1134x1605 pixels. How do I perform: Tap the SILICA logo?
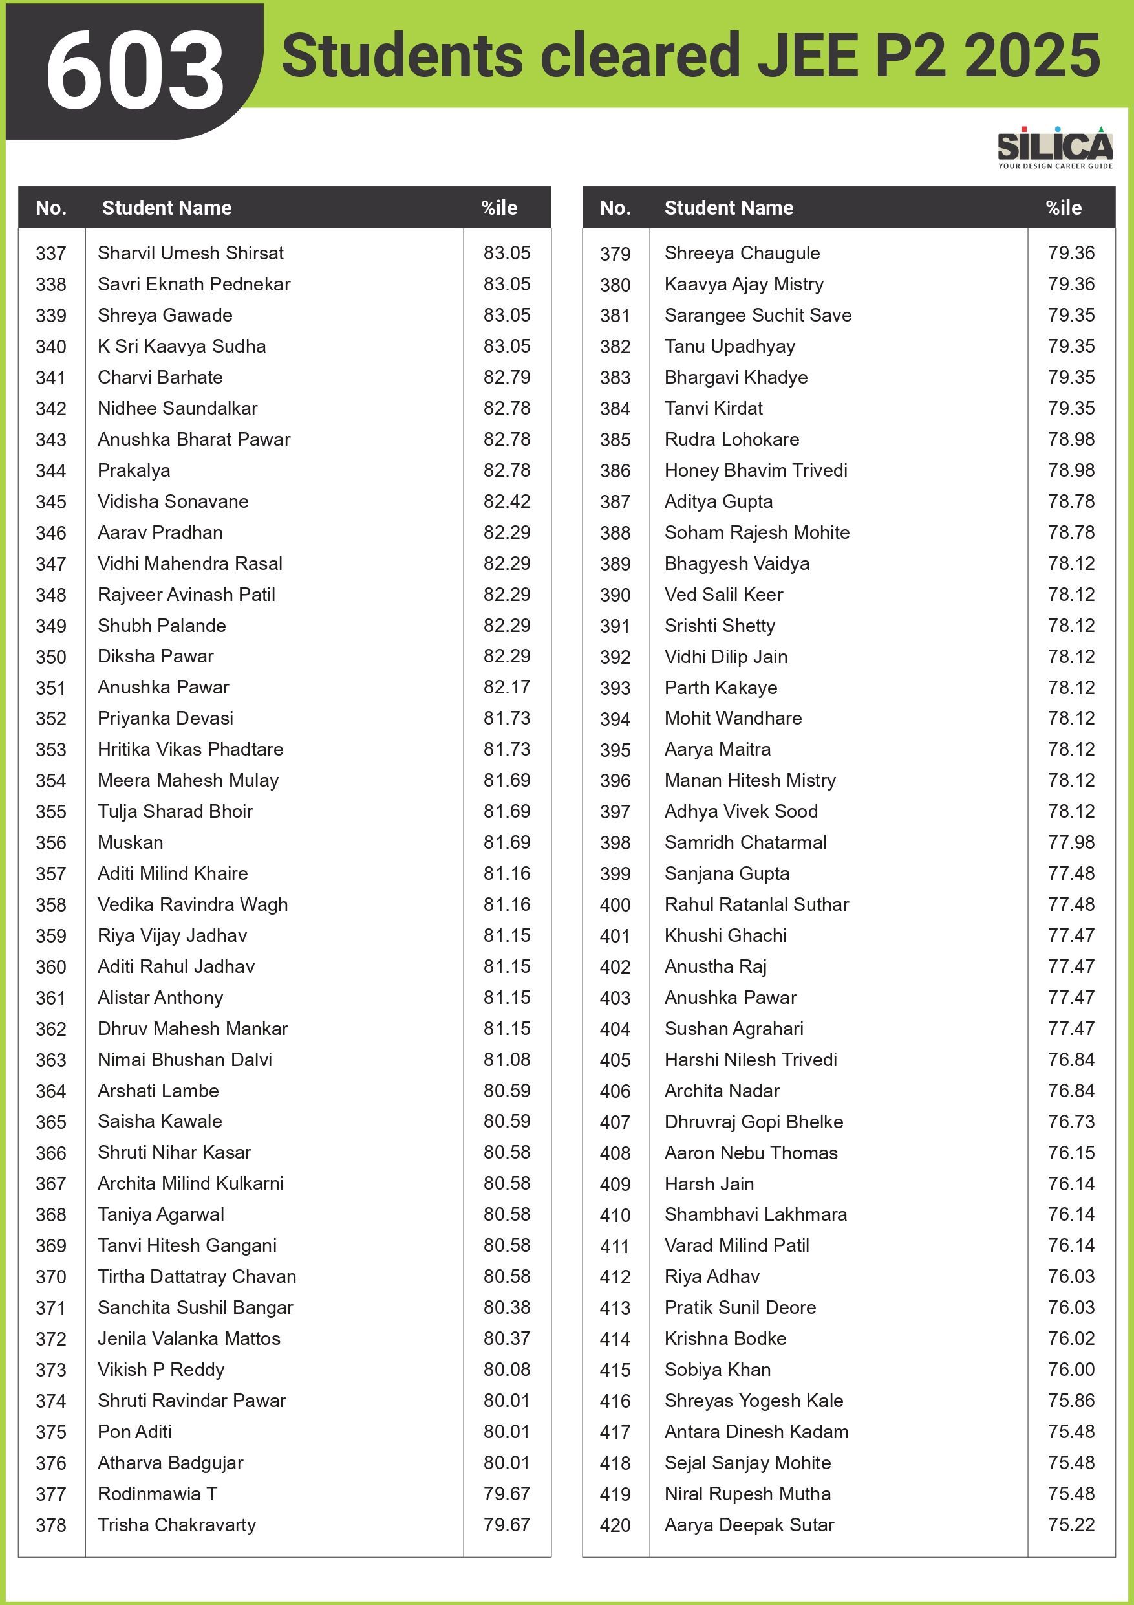[x=1054, y=146]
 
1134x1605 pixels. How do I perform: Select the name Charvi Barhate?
[x=160, y=378]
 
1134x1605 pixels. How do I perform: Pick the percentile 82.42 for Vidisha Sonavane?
[x=507, y=501]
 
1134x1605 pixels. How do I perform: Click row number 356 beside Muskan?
[x=51, y=843]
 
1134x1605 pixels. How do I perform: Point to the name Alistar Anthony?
[x=160, y=998]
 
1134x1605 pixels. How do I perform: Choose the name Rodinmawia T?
[x=157, y=1494]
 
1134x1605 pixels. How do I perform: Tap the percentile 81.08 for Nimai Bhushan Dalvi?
[x=507, y=1060]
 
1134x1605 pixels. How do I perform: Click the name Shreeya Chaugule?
[x=742, y=253]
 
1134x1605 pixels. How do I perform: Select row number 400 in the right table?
[x=615, y=905]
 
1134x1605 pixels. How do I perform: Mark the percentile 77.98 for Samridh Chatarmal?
[x=1071, y=842]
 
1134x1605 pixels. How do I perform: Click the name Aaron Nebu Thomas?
[x=751, y=1153]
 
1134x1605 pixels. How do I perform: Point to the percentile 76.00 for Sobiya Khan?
[x=1071, y=1370]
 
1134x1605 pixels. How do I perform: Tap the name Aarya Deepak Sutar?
[x=749, y=1525]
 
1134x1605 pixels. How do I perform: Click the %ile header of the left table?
[x=499, y=208]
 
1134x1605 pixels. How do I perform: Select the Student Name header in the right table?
[x=729, y=208]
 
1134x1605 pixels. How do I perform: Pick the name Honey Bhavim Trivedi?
[x=755, y=470]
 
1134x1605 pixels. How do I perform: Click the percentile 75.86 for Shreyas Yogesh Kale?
[x=1071, y=1400]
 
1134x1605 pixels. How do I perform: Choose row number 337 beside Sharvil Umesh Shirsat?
[x=51, y=254]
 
